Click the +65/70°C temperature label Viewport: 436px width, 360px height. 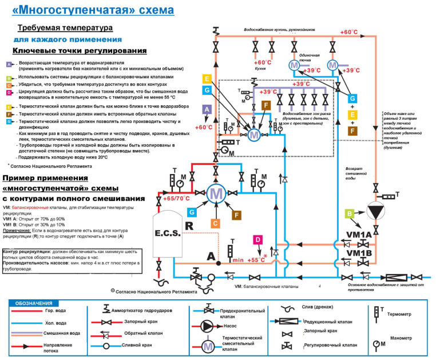tap(176, 198)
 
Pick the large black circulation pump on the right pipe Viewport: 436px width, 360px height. tap(376, 211)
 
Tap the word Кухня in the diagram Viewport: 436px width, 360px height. tap(261, 68)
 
